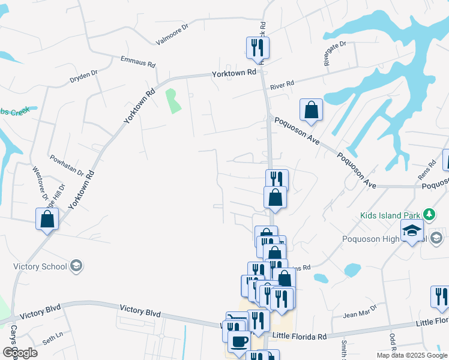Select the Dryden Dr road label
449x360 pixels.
83,76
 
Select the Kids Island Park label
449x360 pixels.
390,215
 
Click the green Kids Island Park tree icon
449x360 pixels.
429,214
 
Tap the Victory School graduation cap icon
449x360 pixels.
76,266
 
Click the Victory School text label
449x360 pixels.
39,266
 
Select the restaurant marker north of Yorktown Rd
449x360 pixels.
258,47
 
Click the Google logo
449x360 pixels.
20,353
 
